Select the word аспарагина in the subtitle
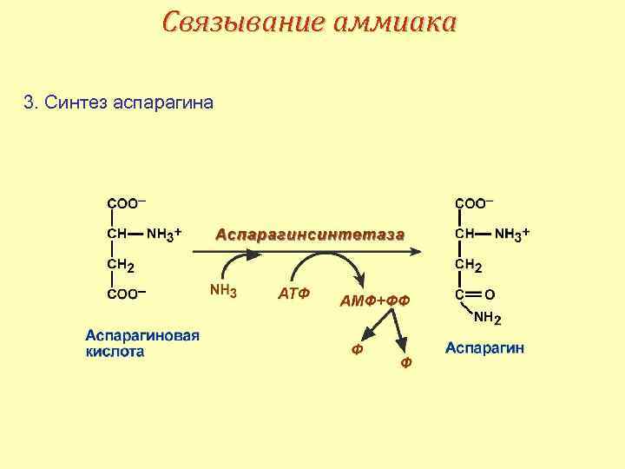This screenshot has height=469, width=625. click(162, 104)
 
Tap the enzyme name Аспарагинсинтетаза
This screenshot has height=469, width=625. click(309, 234)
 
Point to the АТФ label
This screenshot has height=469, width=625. click(294, 294)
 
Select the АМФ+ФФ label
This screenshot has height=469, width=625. click(373, 300)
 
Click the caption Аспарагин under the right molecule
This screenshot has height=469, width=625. click(484, 348)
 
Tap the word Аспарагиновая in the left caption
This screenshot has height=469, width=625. click(142, 336)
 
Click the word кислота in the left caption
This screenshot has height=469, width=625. click(115, 352)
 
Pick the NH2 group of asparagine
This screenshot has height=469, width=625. click(487, 318)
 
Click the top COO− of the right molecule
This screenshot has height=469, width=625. click(474, 203)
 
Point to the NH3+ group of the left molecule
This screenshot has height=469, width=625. click(163, 234)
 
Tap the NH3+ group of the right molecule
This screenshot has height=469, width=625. click(512, 234)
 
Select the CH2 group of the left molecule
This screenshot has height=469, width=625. click(120, 265)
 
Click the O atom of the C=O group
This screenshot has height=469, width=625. click(490, 294)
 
